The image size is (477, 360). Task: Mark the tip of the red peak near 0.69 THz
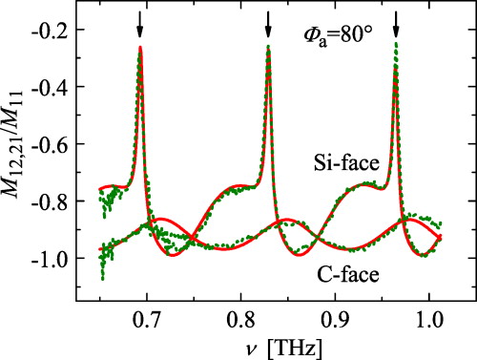[140, 47]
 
